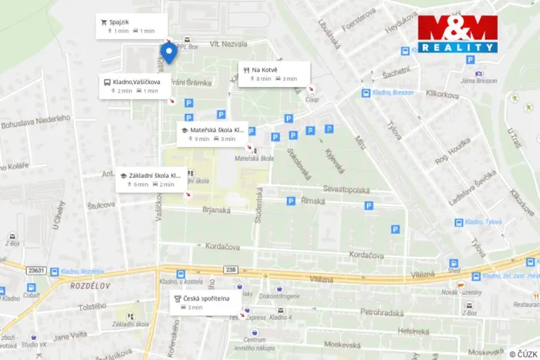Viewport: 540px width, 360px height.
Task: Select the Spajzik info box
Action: click(x=128, y=26)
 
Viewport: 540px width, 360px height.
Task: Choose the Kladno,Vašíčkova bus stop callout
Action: click(x=131, y=85)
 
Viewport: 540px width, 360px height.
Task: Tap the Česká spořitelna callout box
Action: click(x=205, y=302)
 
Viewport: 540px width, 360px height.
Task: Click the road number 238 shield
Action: click(x=232, y=269)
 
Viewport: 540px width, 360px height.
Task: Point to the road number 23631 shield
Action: click(x=36, y=269)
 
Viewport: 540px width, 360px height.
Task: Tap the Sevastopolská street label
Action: click(x=346, y=190)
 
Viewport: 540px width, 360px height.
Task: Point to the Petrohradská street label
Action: click(x=383, y=312)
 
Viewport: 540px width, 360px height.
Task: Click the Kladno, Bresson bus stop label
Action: click(x=393, y=92)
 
